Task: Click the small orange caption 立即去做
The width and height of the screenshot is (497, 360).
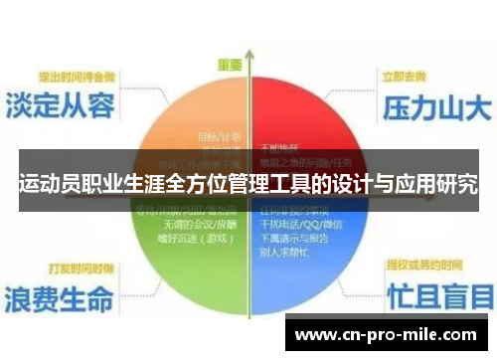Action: [x=411, y=76]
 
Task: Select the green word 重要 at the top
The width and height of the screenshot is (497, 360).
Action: [x=231, y=64]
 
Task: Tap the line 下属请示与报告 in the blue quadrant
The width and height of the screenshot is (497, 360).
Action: [x=293, y=239]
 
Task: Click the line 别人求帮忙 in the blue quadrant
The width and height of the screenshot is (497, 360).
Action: [x=285, y=253]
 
